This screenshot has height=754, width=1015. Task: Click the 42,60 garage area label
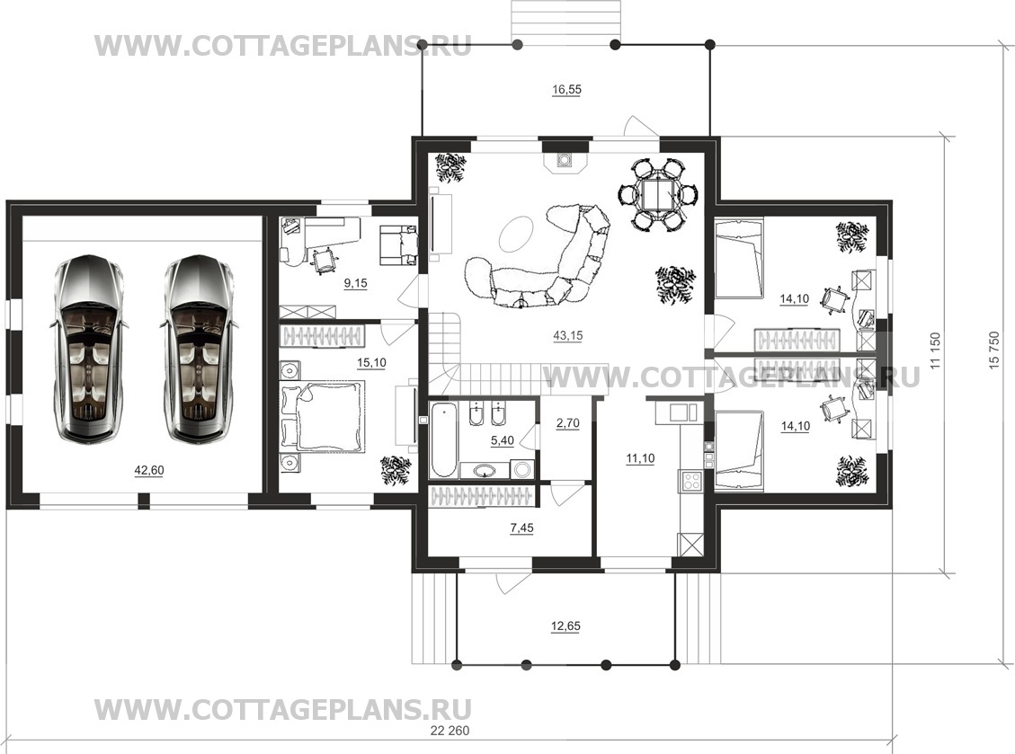point(149,471)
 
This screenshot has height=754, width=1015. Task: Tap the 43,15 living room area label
point(567,335)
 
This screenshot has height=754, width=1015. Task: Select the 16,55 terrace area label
point(566,89)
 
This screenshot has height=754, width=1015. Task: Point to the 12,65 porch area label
point(565,625)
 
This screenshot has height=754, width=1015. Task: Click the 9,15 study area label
point(355,283)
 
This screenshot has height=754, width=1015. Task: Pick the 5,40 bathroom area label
point(503,440)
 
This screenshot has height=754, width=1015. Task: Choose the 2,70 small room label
point(567,423)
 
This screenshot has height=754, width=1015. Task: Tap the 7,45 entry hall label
point(521,528)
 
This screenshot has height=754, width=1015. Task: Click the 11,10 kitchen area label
point(640,458)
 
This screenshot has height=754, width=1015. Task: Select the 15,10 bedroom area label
point(371,362)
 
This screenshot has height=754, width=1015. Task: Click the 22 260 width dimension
point(450,731)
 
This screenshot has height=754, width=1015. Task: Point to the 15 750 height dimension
point(994,350)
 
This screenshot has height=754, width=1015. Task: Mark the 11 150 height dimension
point(935,350)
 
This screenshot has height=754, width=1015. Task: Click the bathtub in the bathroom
point(443,439)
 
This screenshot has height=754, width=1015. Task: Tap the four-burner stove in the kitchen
point(690,480)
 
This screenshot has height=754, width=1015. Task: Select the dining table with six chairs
point(658,194)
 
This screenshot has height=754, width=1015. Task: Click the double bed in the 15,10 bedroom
point(323,416)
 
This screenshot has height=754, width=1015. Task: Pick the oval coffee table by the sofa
point(516,233)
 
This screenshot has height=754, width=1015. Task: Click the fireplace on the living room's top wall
point(565,161)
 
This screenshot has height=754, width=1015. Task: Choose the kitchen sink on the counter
point(679,412)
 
